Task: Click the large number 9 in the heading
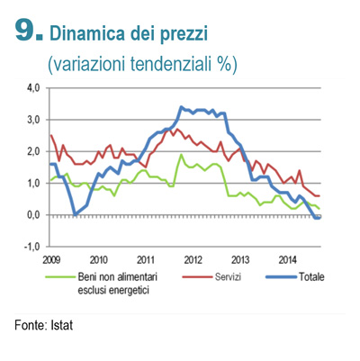click(26, 31)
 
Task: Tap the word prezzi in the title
click(184, 35)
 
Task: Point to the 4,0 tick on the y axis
click(34, 88)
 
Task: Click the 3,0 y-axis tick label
click(34, 120)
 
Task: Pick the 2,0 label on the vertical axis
click(34, 151)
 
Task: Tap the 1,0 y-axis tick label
click(34, 183)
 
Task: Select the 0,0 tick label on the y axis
click(34, 215)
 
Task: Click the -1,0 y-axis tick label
click(32, 247)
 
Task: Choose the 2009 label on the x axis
click(51, 260)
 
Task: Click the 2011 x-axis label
click(146, 260)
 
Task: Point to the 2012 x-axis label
click(193, 260)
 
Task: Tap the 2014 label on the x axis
click(287, 260)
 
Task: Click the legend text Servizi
click(228, 276)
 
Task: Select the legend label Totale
click(311, 276)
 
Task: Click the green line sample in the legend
click(59, 276)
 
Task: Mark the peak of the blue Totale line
click(181, 107)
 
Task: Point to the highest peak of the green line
click(181, 155)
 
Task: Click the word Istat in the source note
click(62, 325)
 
